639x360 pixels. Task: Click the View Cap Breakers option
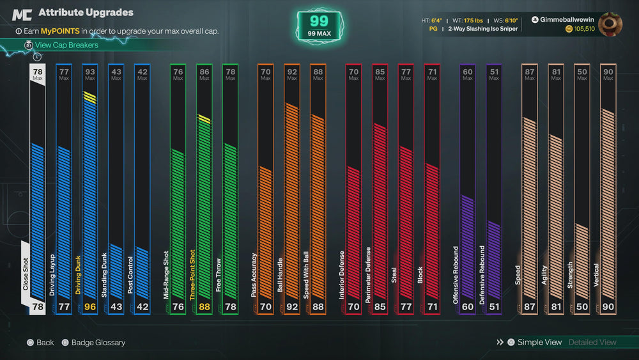[66, 45]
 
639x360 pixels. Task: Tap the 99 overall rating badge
[319, 26]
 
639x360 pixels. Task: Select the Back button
[45, 343]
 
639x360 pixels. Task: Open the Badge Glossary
[98, 343]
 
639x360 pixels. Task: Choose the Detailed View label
[592, 342]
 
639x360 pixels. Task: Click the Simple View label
[539, 342]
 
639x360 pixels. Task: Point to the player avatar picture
[610, 24]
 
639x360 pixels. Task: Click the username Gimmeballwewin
[566, 20]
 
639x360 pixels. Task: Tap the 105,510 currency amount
[584, 29]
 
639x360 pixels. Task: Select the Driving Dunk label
[78, 275]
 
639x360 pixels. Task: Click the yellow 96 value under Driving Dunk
[90, 306]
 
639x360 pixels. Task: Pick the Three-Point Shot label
[192, 275]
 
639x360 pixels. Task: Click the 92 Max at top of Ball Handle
[292, 74]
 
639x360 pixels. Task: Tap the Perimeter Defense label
[368, 275]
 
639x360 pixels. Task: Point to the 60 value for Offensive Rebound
[468, 306]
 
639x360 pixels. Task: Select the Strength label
[570, 275]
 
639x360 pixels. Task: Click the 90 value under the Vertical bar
[608, 306]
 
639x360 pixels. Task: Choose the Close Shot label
[26, 274]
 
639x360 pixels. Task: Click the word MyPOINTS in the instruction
[60, 31]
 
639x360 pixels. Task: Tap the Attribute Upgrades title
[86, 13]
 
